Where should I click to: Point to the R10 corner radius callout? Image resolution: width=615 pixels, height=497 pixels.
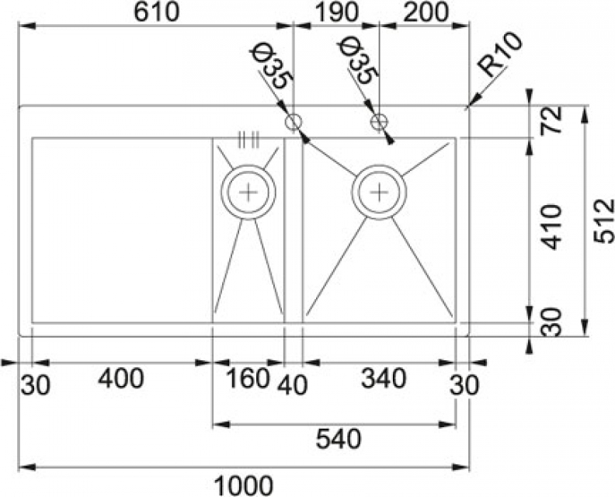point(501,55)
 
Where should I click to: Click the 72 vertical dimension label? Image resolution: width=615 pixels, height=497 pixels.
point(551,121)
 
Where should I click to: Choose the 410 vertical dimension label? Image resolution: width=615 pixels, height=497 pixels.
point(551,227)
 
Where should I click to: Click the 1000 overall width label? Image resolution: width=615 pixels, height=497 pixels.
point(244,486)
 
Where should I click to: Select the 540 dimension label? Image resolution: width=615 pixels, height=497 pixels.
point(338,439)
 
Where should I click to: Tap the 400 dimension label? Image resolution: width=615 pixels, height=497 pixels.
point(121,379)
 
